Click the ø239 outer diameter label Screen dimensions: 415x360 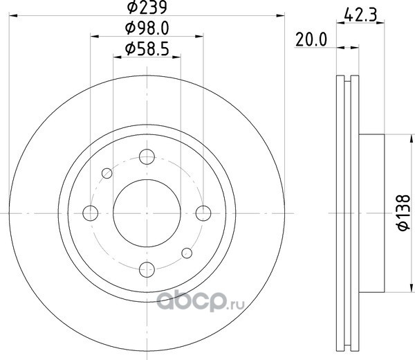(x=147, y=7)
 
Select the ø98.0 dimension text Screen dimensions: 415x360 (x=147, y=28)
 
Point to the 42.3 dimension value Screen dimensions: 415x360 (x=360, y=15)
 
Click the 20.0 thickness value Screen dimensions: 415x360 (x=311, y=39)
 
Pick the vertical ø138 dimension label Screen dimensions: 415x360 (x=404, y=213)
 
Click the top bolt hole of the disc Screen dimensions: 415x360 (x=147, y=156)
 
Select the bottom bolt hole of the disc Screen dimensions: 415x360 (x=147, y=269)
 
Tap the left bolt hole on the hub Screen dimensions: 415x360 (x=90, y=213)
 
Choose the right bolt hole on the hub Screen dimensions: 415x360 (x=203, y=213)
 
